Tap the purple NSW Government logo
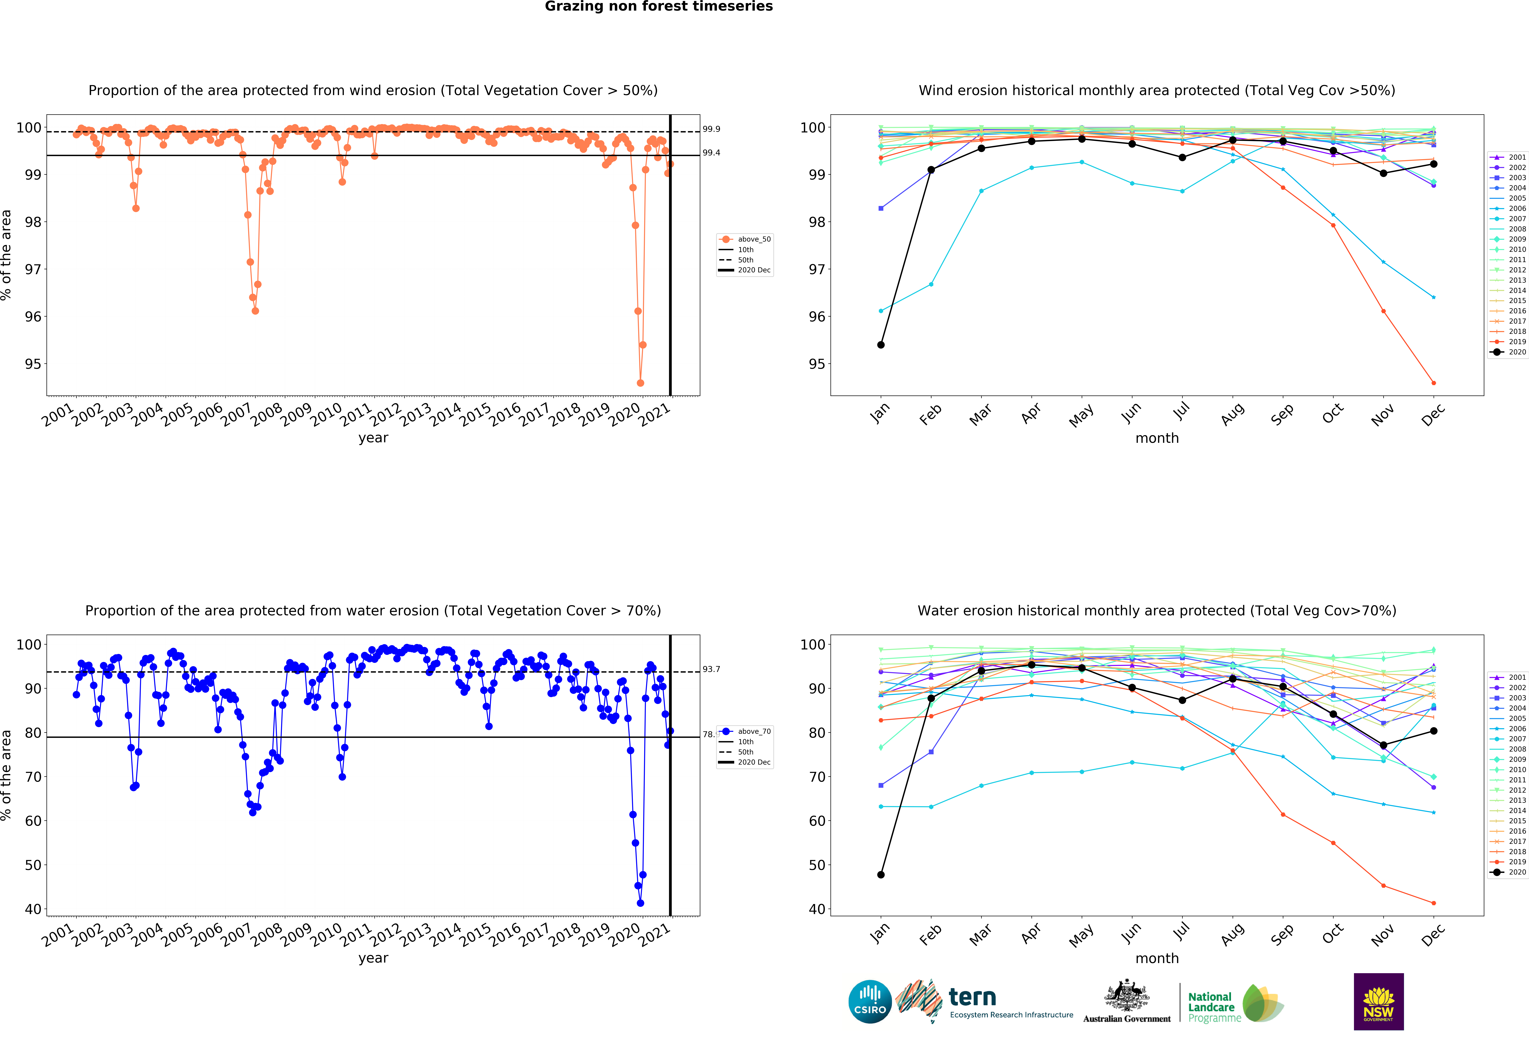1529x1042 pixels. click(1378, 1001)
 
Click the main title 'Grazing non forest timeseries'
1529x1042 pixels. click(659, 7)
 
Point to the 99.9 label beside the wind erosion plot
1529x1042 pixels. click(711, 129)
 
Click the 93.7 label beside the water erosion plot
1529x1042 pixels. click(711, 669)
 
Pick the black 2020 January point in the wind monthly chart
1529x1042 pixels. click(881, 345)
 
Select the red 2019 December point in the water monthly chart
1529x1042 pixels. click(1434, 903)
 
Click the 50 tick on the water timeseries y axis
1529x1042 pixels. click(33, 865)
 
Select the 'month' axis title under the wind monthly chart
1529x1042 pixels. click(1157, 438)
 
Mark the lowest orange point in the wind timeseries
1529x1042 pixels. click(640, 383)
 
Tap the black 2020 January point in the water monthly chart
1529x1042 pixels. click(881, 875)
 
